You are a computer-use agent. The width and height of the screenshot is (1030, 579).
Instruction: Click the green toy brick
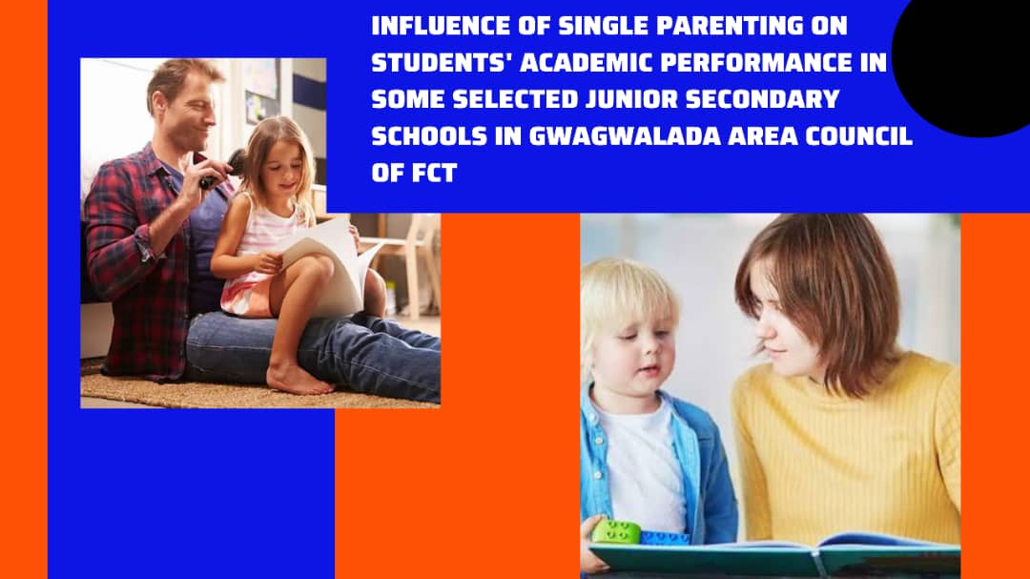coord(616,532)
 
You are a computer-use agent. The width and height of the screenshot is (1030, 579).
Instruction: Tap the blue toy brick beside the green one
coord(664,538)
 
